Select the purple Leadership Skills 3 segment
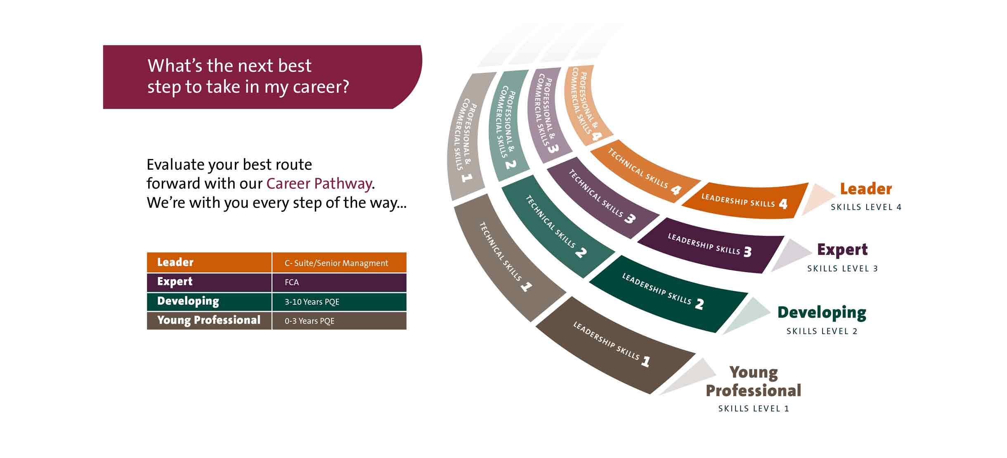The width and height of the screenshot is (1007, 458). [x=710, y=246]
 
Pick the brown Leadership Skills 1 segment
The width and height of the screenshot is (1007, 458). [x=615, y=345]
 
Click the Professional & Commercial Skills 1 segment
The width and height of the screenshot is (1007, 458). [x=466, y=136]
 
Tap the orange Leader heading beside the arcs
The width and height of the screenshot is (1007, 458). [x=866, y=189]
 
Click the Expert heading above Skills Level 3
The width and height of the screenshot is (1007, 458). [x=842, y=250]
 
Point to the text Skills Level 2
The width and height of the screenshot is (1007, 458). [x=822, y=331]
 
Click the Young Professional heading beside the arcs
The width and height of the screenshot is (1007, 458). [x=753, y=382]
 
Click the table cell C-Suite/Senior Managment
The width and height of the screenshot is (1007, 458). [x=339, y=263]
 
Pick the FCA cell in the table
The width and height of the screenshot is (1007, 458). [x=339, y=282]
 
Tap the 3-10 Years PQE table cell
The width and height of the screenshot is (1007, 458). [x=339, y=302]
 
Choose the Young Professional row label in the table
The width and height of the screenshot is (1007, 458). [x=209, y=320]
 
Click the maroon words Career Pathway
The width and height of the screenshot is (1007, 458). [x=319, y=184]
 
